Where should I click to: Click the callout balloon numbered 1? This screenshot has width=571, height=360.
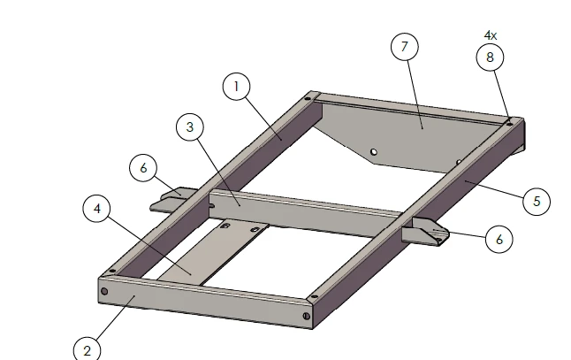click(236, 86)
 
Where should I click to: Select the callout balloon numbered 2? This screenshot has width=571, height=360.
click(87, 350)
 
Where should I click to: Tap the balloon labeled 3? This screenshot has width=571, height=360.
click(189, 127)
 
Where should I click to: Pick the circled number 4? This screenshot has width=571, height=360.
click(97, 210)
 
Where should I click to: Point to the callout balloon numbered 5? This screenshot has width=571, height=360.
click(536, 201)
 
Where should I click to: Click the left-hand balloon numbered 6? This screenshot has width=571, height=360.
click(143, 167)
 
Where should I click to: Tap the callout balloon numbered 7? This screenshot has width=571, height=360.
click(404, 47)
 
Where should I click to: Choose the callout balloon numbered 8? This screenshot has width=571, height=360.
click(490, 57)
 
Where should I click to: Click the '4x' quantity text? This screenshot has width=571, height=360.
click(490, 35)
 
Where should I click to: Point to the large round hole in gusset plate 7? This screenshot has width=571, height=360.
click(374, 152)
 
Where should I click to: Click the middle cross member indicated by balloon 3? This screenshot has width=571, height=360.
click(301, 213)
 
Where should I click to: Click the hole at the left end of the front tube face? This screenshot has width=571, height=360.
click(104, 291)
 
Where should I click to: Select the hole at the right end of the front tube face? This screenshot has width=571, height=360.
click(306, 316)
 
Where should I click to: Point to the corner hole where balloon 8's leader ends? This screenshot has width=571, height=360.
click(509, 124)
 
